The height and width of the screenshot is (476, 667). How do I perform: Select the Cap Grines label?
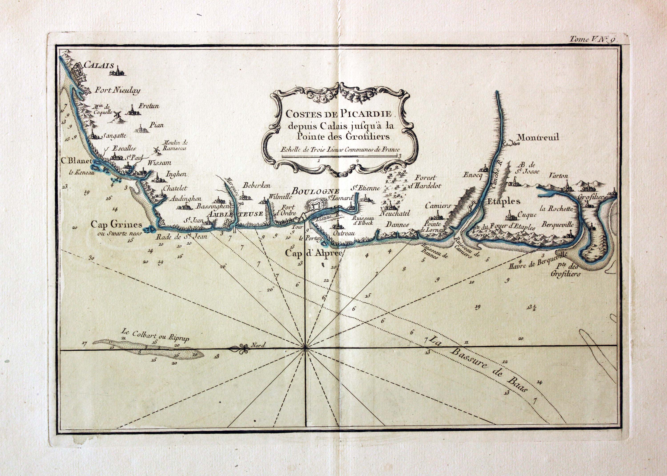pos(116,225)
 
